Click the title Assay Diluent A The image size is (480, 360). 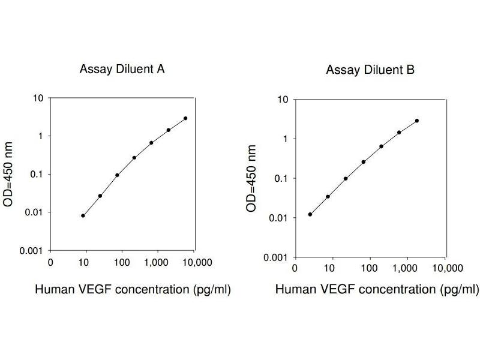coord(122,68)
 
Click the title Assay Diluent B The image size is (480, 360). coord(370,70)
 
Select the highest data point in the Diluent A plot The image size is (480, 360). coord(185,118)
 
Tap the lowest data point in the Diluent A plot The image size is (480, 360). coord(83,215)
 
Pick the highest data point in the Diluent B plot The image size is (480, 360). coord(417,121)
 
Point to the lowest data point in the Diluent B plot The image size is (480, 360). coord(310,214)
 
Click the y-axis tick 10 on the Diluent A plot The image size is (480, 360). coord(38,98)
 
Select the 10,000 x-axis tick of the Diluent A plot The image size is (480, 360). coord(197,262)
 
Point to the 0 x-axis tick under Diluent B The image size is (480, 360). coord(294,266)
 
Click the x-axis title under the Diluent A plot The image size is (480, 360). coord(133,289)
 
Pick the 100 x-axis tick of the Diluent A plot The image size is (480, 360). coord(121,262)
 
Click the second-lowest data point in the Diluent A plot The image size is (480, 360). coord(100,196)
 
